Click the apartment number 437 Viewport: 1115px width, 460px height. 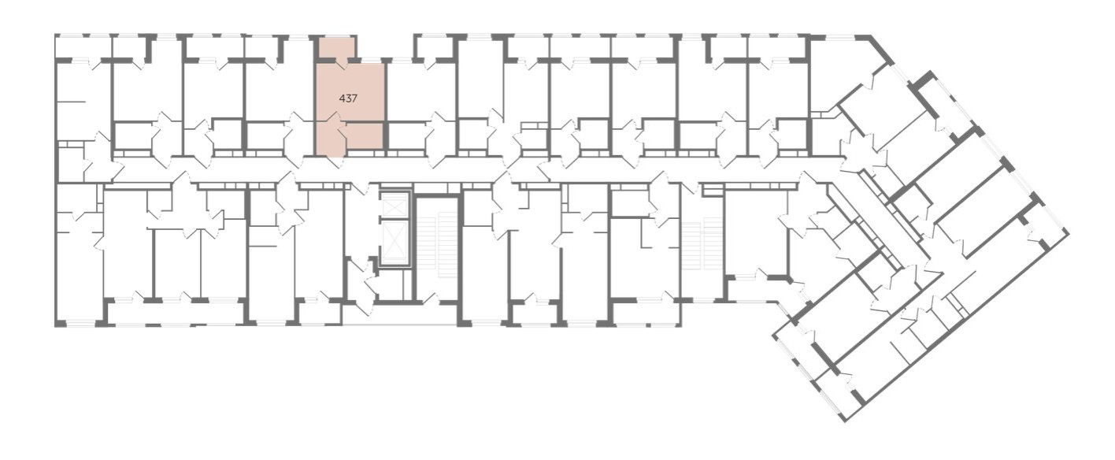pos(348,98)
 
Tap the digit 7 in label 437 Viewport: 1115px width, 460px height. pos(354,98)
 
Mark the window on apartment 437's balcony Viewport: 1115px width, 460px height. pos(336,36)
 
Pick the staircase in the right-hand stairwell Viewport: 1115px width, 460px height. pos(702,244)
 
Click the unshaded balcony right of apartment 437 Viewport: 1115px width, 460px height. pos(434,48)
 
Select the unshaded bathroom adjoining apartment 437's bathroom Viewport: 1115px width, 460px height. pos(406,135)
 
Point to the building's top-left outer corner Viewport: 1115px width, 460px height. pos(55,35)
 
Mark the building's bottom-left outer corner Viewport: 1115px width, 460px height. pos(55,326)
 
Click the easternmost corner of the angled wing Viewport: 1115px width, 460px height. pos(1069,233)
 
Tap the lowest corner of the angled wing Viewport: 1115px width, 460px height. pos(846,421)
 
